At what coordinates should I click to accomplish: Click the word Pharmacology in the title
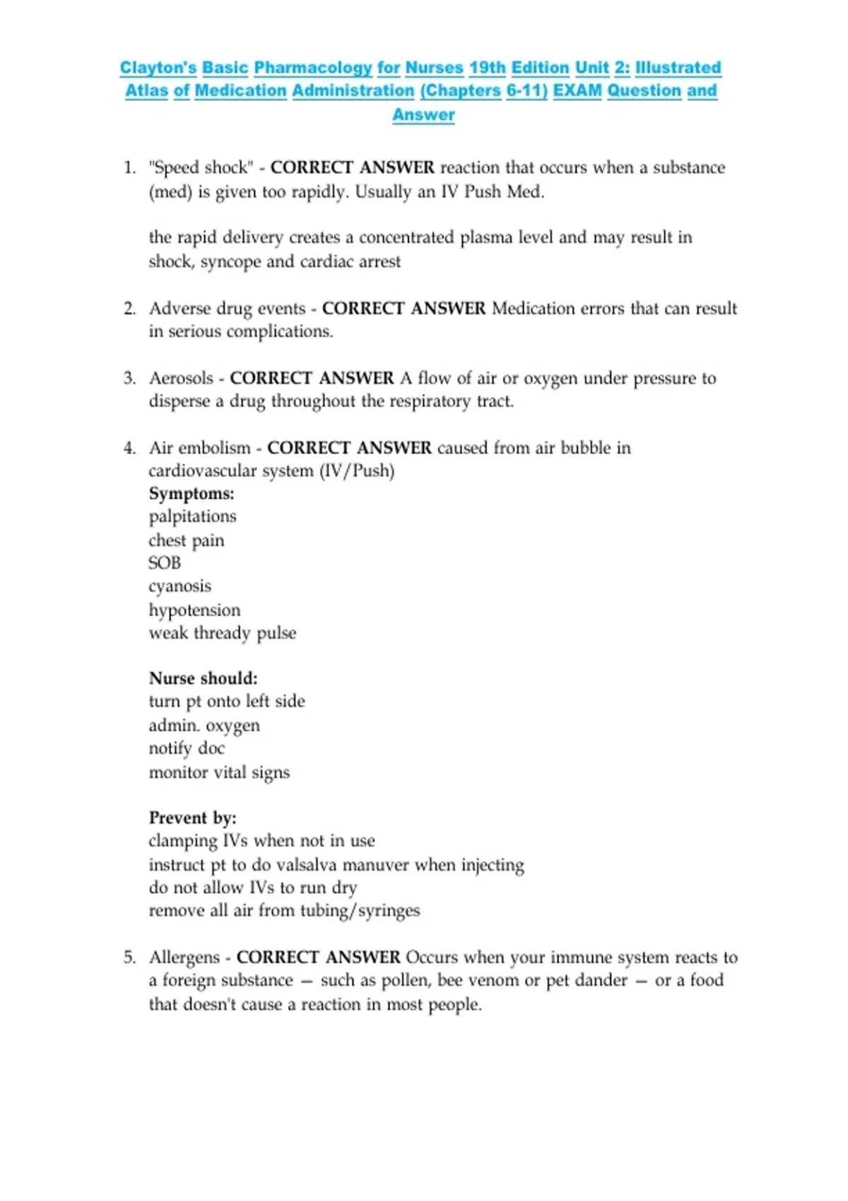(312, 68)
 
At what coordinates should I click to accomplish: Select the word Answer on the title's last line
(423, 114)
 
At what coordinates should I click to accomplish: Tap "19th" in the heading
(487, 68)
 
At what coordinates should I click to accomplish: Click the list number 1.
(129, 168)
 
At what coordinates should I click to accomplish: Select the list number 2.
(129, 309)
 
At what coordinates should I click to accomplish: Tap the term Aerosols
(181, 379)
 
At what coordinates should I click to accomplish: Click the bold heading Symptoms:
(192, 494)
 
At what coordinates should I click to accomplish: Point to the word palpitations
(192, 517)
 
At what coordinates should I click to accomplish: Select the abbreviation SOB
(165, 563)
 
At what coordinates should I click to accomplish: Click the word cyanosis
(179, 587)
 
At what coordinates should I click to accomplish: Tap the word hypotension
(194, 610)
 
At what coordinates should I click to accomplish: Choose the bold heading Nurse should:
(203, 679)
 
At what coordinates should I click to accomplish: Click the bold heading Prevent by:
(192, 818)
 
